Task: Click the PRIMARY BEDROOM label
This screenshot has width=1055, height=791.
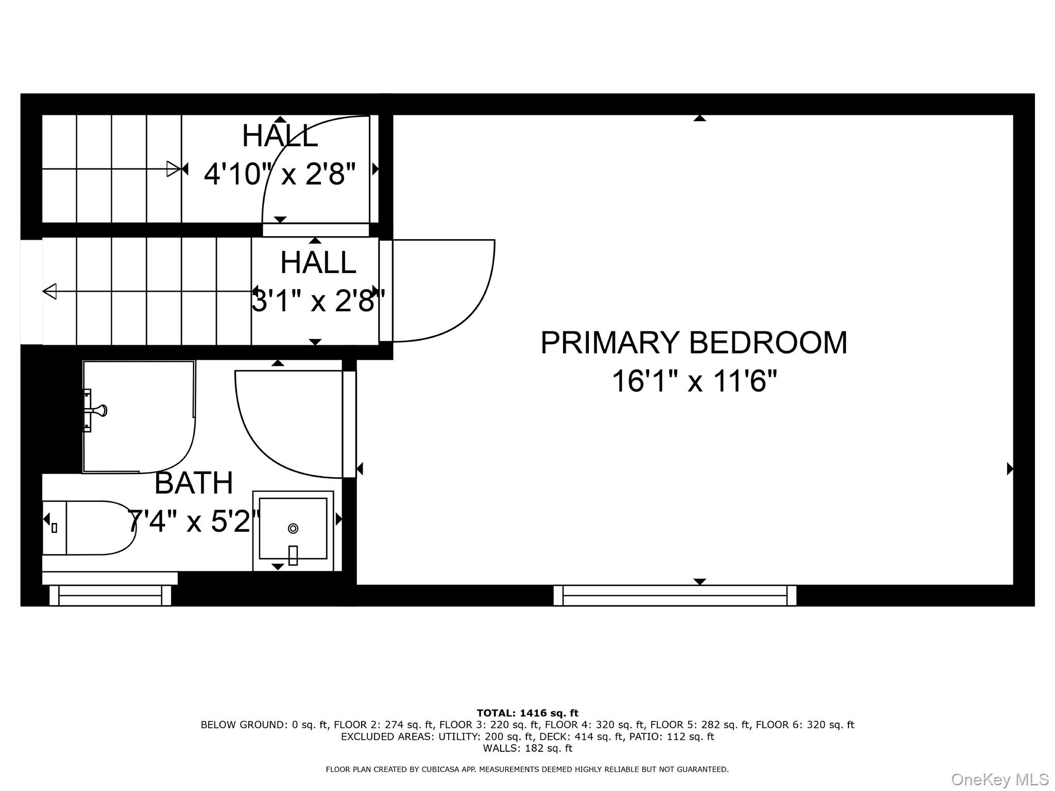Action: tap(693, 343)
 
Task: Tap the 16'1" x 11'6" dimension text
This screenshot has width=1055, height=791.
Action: tap(693, 382)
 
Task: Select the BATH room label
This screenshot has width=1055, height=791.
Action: tap(194, 483)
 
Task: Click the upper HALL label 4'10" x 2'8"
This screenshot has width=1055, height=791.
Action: tap(280, 136)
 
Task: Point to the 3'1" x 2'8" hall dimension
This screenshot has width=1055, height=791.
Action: tap(318, 301)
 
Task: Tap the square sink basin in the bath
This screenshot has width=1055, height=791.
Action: tap(293, 528)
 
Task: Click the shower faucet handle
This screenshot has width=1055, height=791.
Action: tap(98, 410)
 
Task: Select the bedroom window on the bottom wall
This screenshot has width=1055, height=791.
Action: tap(674, 596)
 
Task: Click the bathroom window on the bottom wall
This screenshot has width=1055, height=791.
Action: tap(110, 596)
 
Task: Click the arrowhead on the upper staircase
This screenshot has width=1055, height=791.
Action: tap(174, 169)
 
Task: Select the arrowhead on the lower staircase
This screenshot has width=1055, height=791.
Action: tap(49, 291)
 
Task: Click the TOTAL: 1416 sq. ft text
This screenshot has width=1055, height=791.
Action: tap(527, 713)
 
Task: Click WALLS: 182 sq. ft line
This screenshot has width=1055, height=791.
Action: tap(527, 748)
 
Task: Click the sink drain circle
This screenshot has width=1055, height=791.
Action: tap(293, 528)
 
